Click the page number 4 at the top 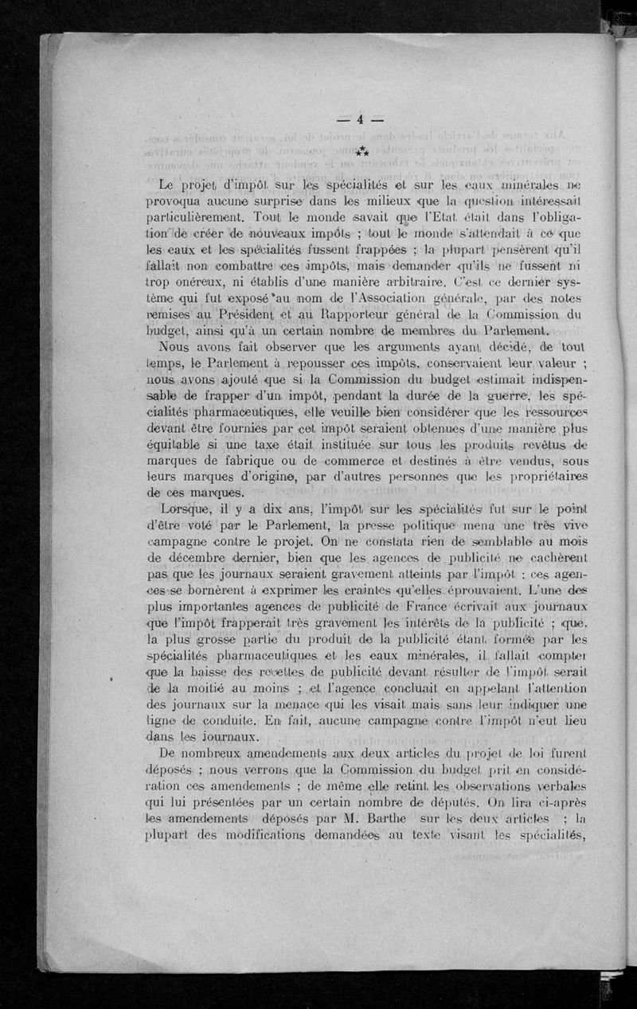(359, 120)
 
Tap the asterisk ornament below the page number (362, 151)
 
